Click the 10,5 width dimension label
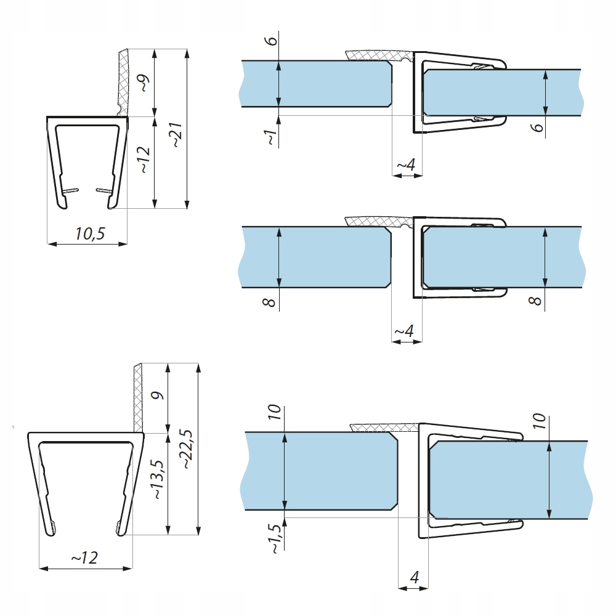tap(90, 234)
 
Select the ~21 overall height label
tap(176, 134)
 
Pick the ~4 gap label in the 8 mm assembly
tap(404, 331)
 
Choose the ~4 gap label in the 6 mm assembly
tap(405, 165)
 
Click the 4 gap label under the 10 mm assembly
tap(413, 578)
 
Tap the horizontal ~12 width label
tap(84, 557)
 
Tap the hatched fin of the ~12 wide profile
tap(138, 397)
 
